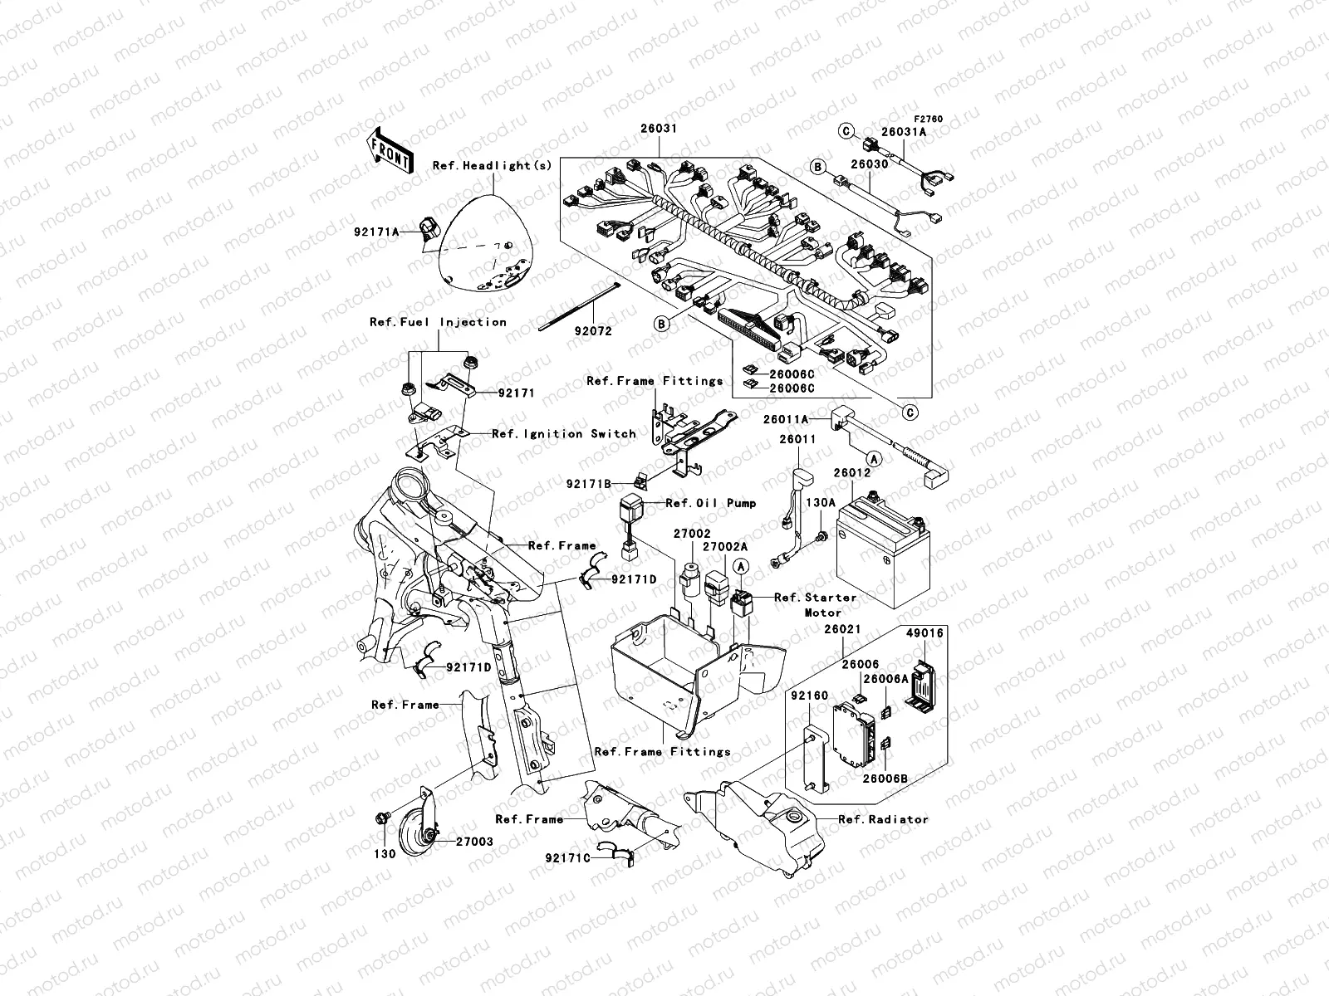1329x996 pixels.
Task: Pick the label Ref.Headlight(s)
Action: (492, 165)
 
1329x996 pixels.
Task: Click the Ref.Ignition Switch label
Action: (564, 433)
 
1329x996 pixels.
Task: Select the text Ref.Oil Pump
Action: (711, 503)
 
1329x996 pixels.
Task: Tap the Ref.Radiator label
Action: (884, 819)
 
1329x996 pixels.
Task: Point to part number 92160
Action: (809, 695)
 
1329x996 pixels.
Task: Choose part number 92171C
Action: (568, 857)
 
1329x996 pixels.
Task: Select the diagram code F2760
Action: (929, 119)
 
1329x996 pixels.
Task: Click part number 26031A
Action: (904, 131)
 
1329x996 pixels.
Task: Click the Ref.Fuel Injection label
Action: (438, 322)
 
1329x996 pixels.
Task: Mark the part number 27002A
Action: (725, 547)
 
